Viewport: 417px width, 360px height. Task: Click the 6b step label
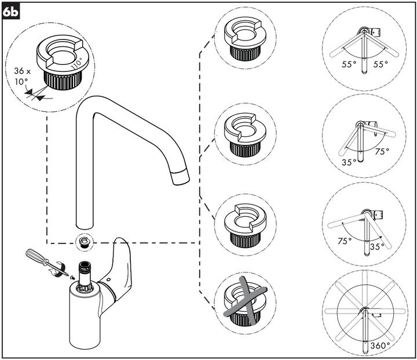[x=11, y=11]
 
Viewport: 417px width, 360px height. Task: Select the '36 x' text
[x=21, y=71]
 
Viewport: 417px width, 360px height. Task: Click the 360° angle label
[x=379, y=346]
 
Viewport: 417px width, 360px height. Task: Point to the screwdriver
[x=43, y=263]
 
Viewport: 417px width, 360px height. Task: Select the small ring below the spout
[x=85, y=241]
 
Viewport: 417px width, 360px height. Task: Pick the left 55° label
[x=349, y=65]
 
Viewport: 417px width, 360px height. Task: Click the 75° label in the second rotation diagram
[x=382, y=152]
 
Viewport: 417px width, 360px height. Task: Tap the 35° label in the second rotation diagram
[x=349, y=163]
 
